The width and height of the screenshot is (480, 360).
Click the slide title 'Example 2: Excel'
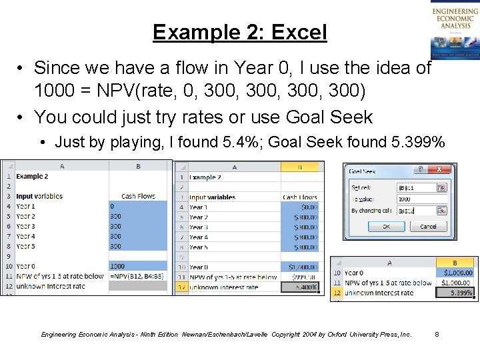239,32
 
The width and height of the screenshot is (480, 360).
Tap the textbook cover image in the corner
455,30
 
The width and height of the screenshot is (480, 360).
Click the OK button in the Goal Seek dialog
387,226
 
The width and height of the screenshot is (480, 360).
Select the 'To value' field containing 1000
415,199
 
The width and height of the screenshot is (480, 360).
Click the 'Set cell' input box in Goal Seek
415,188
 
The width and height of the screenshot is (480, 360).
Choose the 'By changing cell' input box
415,211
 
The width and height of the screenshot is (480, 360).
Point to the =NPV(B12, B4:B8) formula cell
138,276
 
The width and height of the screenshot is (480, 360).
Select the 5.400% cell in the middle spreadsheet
300,287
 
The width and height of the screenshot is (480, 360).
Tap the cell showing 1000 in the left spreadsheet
117,266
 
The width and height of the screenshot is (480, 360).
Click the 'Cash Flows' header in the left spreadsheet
138,196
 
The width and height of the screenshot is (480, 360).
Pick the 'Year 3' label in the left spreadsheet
26,226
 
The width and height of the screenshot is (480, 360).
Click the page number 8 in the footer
437,334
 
